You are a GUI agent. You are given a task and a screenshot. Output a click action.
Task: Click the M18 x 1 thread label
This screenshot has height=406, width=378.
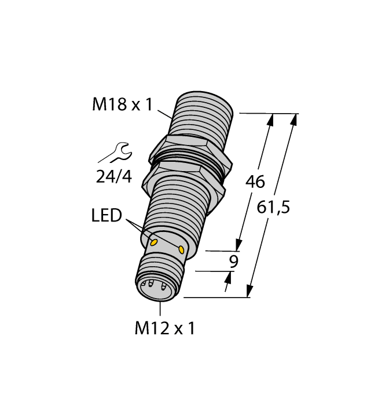122,105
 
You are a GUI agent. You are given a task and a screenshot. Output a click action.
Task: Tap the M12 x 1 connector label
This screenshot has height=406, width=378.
165,329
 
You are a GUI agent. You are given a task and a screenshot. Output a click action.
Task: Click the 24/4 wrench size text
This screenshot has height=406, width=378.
113,176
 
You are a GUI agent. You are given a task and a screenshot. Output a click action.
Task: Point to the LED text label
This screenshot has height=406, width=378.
107,216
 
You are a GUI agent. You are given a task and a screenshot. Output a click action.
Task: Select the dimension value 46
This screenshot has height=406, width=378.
255,182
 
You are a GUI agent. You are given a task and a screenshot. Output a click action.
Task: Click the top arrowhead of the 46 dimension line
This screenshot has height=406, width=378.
270,120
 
